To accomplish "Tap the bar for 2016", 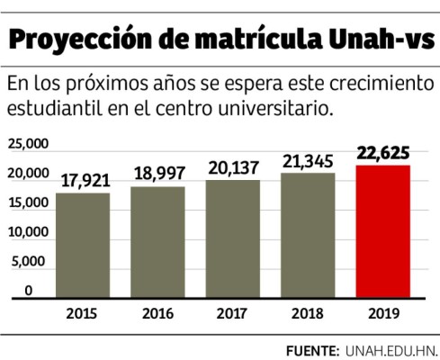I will click(159, 242).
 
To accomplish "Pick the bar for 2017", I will click(233, 238).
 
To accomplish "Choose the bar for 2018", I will click(310, 235).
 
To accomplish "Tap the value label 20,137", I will click(233, 168).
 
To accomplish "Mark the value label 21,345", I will click(310, 162).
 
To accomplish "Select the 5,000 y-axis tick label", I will click(30, 261).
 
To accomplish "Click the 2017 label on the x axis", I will click(233, 313).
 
